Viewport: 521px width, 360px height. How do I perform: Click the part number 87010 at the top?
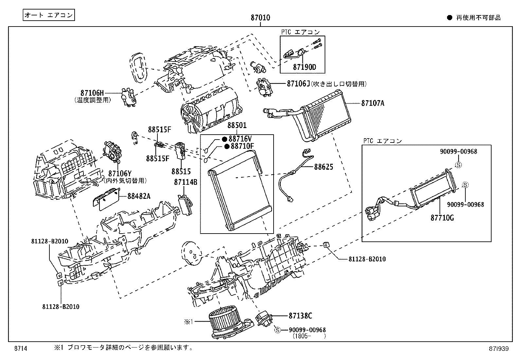click(x=260, y=18)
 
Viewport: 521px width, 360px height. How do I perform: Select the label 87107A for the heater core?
click(x=373, y=103)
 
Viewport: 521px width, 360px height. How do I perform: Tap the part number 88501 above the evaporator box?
click(x=237, y=125)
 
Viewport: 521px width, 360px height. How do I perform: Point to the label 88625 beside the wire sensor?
click(x=323, y=167)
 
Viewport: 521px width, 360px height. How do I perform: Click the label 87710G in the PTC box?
click(x=442, y=218)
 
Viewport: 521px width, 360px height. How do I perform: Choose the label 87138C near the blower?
click(x=300, y=316)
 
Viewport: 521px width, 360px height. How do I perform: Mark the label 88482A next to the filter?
click(x=139, y=196)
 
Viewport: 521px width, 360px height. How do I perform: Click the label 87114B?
click(x=186, y=182)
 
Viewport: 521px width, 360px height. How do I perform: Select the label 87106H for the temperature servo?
click(x=92, y=93)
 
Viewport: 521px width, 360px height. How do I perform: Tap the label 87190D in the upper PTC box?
click(x=304, y=67)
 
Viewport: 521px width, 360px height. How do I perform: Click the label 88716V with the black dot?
click(x=240, y=139)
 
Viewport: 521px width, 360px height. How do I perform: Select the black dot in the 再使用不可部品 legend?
click(x=450, y=18)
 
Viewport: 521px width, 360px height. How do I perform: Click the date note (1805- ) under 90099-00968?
click(x=309, y=336)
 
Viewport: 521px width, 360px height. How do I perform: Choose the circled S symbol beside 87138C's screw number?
click(x=278, y=330)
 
